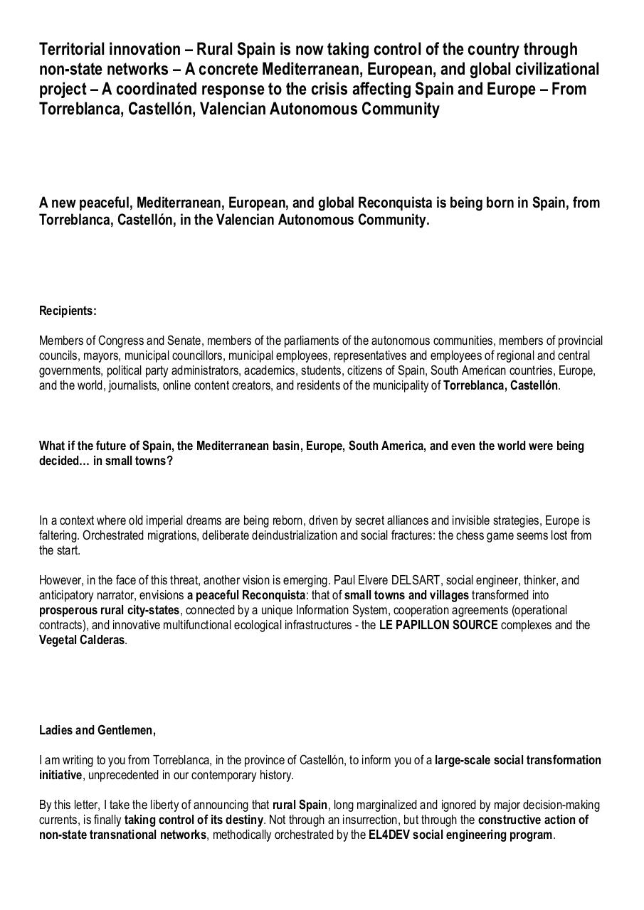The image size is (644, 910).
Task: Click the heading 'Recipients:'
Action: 68,311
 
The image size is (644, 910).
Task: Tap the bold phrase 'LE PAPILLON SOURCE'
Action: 438,625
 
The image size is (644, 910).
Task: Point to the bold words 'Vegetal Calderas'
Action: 82,640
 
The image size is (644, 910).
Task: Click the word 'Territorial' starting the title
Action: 77,49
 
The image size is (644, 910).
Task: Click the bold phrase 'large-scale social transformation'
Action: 517,760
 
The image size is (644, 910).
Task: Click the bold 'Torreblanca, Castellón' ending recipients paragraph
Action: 500,385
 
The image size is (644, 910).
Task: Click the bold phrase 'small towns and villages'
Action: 406,595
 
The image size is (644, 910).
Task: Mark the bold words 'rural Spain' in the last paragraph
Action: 300,805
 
